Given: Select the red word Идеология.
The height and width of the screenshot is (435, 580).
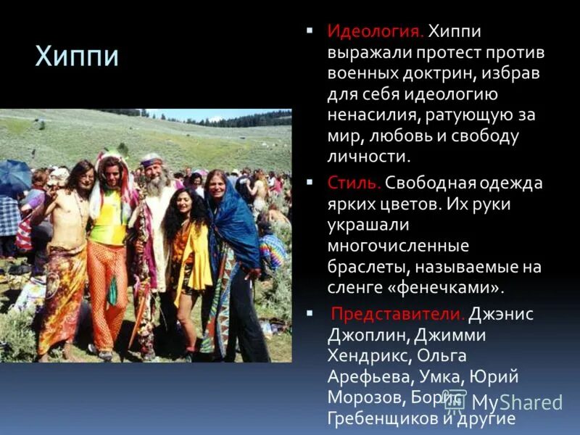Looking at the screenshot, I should tap(374, 32).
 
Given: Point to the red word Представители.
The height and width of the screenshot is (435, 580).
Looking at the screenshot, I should tap(397, 314).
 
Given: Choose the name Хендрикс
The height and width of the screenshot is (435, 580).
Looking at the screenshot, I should tap(372, 356).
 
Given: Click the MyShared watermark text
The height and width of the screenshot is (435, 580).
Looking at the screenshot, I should tap(516, 402).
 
